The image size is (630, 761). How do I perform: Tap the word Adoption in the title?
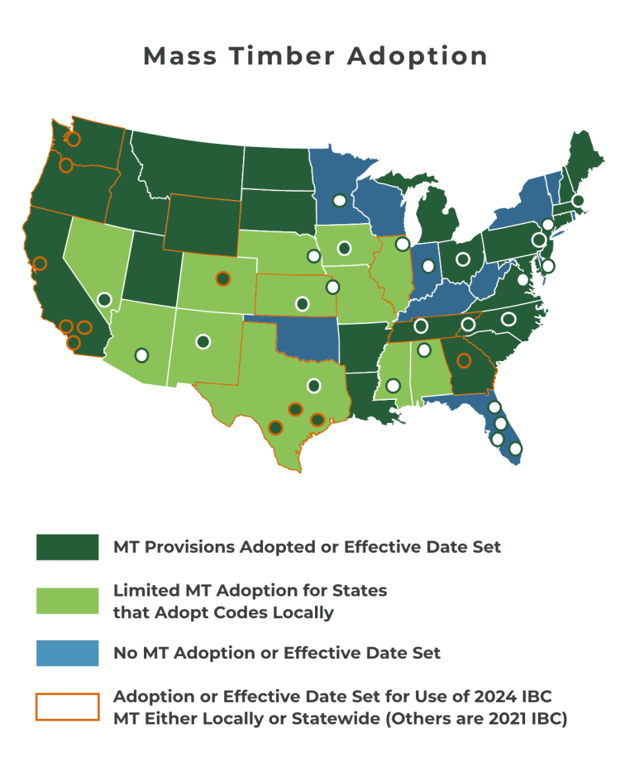[x=418, y=56]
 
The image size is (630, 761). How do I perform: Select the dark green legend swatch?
[x=67, y=546]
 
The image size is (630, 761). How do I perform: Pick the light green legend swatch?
[x=67, y=601]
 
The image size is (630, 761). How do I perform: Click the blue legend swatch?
[x=67, y=653]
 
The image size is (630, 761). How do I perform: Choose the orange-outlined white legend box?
[x=67, y=706]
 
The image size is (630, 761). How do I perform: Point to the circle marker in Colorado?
[x=222, y=278]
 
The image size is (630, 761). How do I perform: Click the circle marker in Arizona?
[x=141, y=354]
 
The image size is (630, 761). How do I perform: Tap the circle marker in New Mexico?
[x=203, y=340]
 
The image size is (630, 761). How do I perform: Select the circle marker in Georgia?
[x=464, y=360]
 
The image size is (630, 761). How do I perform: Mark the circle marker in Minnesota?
[x=339, y=200]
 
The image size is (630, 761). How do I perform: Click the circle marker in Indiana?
[x=428, y=266]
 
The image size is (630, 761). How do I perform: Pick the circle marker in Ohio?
[x=461, y=258]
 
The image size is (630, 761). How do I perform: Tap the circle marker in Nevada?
[x=104, y=299]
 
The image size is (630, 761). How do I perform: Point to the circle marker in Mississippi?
[x=393, y=385]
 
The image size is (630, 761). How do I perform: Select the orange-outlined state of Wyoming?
[x=203, y=223]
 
